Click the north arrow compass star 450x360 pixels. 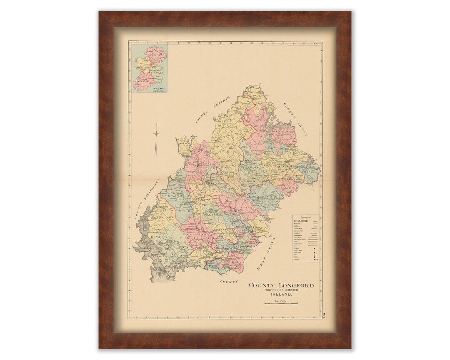(x=157, y=133)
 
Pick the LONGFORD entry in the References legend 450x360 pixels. (x=300, y=221)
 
